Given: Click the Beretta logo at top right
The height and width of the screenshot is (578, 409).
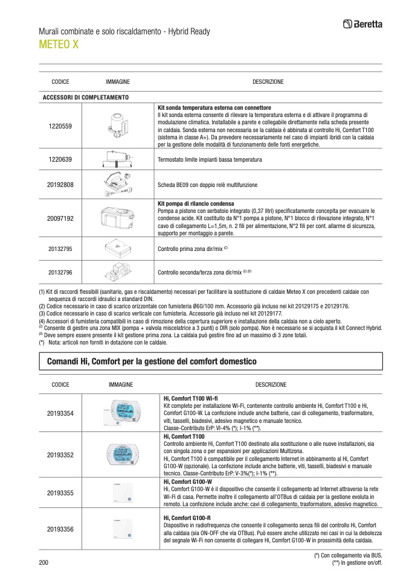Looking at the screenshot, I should [367, 25].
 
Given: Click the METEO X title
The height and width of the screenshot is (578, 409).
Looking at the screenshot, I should [59, 45].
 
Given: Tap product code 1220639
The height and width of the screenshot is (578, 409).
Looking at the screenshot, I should [60, 159].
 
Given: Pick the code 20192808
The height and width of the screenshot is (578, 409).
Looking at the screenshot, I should [60, 184].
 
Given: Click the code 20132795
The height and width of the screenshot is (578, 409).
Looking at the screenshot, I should [60, 248].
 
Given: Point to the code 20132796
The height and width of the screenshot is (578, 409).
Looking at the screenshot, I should [60, 272].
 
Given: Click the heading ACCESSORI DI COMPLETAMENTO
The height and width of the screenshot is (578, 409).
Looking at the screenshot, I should [85, 97].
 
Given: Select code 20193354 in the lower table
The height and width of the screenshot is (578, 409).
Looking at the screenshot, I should [60, 413].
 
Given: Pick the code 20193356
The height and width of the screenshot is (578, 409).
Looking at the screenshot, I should [60, 529].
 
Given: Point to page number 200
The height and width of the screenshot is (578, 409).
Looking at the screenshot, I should [43, 562].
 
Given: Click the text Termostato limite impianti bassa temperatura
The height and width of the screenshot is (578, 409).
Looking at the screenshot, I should [210, 160].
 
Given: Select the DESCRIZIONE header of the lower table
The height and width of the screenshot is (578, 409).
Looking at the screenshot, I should [271, 384].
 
